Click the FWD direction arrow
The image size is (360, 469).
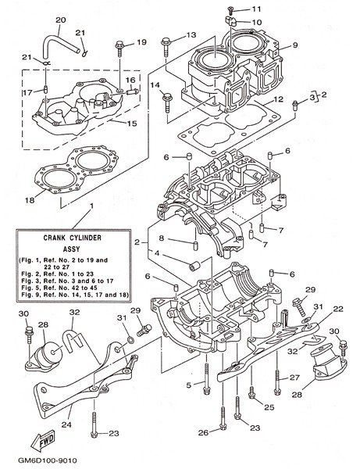(43, 440)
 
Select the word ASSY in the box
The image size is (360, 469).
(72, 249)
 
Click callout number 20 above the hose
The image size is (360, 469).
(61, 20)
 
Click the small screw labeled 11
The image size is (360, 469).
(230, 10)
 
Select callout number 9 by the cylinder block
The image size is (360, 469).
(295, 45)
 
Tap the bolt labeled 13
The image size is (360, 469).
(166, 47)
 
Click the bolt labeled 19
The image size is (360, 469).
(119, 48)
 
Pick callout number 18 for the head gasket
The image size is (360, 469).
(30, 200)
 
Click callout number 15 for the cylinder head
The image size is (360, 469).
(132, 124)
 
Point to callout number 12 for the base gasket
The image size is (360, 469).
(279, 99)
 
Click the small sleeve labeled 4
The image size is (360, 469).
(194, 266)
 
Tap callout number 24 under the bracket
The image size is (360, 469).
(66, 424)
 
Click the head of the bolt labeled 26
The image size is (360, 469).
(223, 426)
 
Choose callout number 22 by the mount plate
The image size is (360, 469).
(338, 309)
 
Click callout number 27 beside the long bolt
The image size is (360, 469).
(294, 378)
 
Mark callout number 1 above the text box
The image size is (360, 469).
(91, 206)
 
